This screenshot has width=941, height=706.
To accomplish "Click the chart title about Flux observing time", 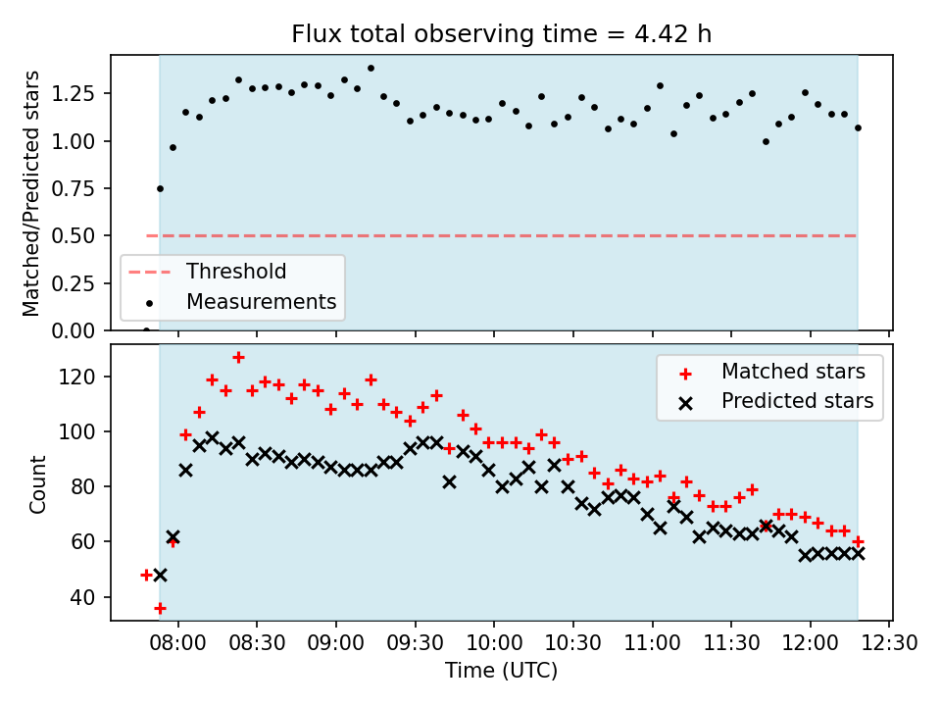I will point(501,33).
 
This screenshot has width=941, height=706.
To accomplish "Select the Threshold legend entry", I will point(236,272).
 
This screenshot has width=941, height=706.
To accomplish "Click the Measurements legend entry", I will point(261,301).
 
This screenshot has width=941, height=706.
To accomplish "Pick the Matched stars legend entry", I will point(793,372).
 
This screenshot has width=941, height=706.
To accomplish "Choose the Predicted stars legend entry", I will point(797,400).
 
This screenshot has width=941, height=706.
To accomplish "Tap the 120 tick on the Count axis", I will point(85,378).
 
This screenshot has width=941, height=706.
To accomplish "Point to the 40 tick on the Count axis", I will point(89,597).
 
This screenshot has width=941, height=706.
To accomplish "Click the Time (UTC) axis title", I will point(501,672).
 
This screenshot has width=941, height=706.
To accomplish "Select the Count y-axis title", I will point(38,483).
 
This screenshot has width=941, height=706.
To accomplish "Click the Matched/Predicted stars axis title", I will point(31,193).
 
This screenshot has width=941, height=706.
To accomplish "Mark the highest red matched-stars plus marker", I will point(238,357).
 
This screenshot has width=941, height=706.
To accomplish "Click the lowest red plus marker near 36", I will point(160,608).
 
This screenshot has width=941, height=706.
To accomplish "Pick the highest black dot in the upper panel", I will point(371,69).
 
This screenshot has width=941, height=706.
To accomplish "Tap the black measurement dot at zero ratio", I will point(146,330).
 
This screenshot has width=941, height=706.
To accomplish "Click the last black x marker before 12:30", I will point(858,553).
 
